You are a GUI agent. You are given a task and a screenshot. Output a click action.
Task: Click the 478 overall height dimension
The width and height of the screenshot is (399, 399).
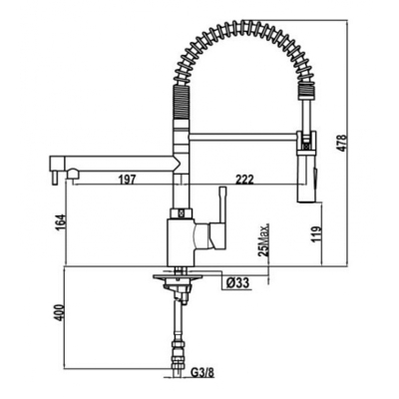342,143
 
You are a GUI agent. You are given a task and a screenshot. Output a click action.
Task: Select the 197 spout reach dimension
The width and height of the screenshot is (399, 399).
128,180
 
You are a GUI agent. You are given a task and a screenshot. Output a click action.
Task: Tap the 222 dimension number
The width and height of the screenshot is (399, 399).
244,180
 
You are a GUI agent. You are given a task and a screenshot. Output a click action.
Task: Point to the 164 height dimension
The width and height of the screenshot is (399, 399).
62,223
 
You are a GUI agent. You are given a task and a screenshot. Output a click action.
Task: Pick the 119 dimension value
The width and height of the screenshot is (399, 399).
316,234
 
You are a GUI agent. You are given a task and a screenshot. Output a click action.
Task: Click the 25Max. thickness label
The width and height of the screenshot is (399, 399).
263,240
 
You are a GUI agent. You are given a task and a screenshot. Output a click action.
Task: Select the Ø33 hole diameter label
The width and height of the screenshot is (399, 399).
237,283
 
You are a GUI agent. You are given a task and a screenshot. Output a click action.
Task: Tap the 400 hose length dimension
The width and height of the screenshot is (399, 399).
58,311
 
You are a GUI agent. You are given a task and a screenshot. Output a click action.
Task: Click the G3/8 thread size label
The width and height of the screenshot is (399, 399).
202,373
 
